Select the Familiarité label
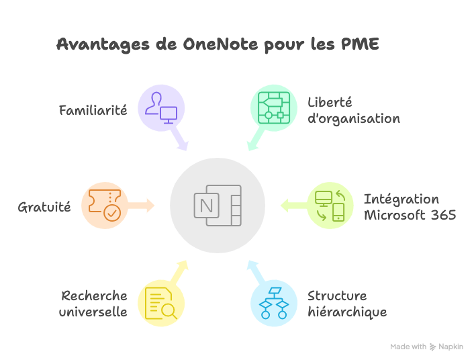93,109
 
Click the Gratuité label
44,207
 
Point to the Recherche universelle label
93,304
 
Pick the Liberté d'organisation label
353,111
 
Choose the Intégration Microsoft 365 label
410,207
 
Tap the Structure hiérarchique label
346,304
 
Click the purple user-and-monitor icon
161,107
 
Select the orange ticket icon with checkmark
104,205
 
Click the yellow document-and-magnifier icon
160,304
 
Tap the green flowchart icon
273,107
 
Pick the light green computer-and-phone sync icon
330,205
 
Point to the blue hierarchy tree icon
273,304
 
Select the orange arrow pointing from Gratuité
141,205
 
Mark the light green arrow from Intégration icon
293,205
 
